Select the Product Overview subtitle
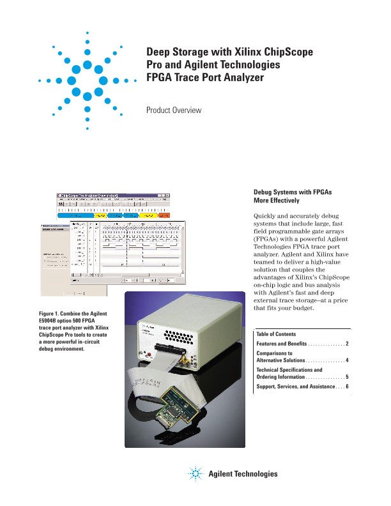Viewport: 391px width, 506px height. [x=174, y=111]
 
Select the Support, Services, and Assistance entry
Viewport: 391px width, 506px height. [x=298, y=387]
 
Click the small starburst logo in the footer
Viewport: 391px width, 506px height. [x=196, y=474]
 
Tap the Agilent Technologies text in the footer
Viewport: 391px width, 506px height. [x=243, y=474]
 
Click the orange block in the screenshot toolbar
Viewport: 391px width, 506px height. [x=163, y=216]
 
